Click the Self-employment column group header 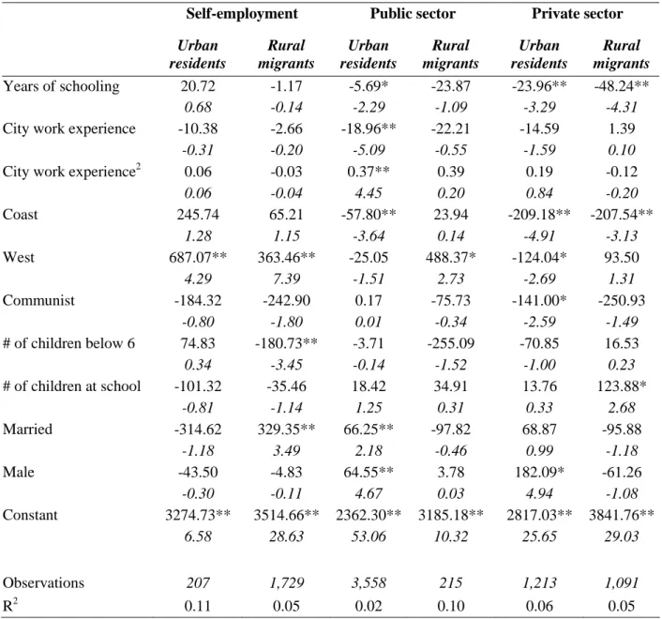click(242, 14)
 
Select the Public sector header click(413, 14)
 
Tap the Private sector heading click(577, 14)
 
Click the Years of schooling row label click(61, 86)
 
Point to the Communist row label click(38, 301)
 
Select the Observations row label click(43, 583)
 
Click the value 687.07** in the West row click(198, 258)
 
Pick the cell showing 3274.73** click(198, 515)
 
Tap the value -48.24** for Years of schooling click(622, 86)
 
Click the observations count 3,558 click(369, 583)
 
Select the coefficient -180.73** click(286, 343)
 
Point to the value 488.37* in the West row click(450, 258)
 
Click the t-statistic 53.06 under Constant click(369, 536)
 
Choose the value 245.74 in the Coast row click(198, 215)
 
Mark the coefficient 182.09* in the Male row click(539, 472)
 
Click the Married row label click(27, 430)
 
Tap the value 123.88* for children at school click(622, 386)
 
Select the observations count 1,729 click(286, 583)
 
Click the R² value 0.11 click(198, 606)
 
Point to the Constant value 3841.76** click(622, 515)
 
